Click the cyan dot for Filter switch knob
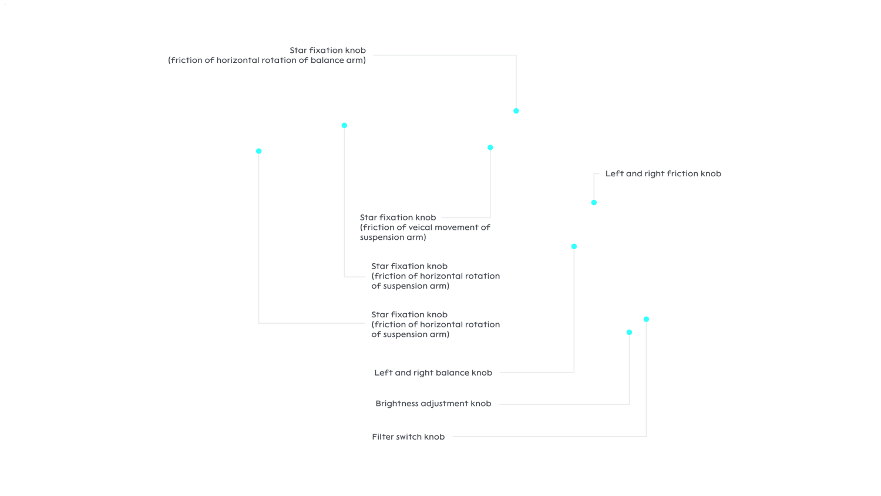[x=646, y=319]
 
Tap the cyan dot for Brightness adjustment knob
[x=629, y=333]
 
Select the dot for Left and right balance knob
[x=574, y=246]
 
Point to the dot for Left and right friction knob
[x=594, y=203]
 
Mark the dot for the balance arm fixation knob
[x=516, y=111]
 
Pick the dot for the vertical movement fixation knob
[x=490, y=148]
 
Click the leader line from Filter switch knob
[x=549, y=437]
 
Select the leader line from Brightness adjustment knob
[x=564, y=404]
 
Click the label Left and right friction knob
[x=663, y=174]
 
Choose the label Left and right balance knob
[x=433, y=373]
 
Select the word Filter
[x=382, y=437]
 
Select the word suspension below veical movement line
[x=382, y=237]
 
